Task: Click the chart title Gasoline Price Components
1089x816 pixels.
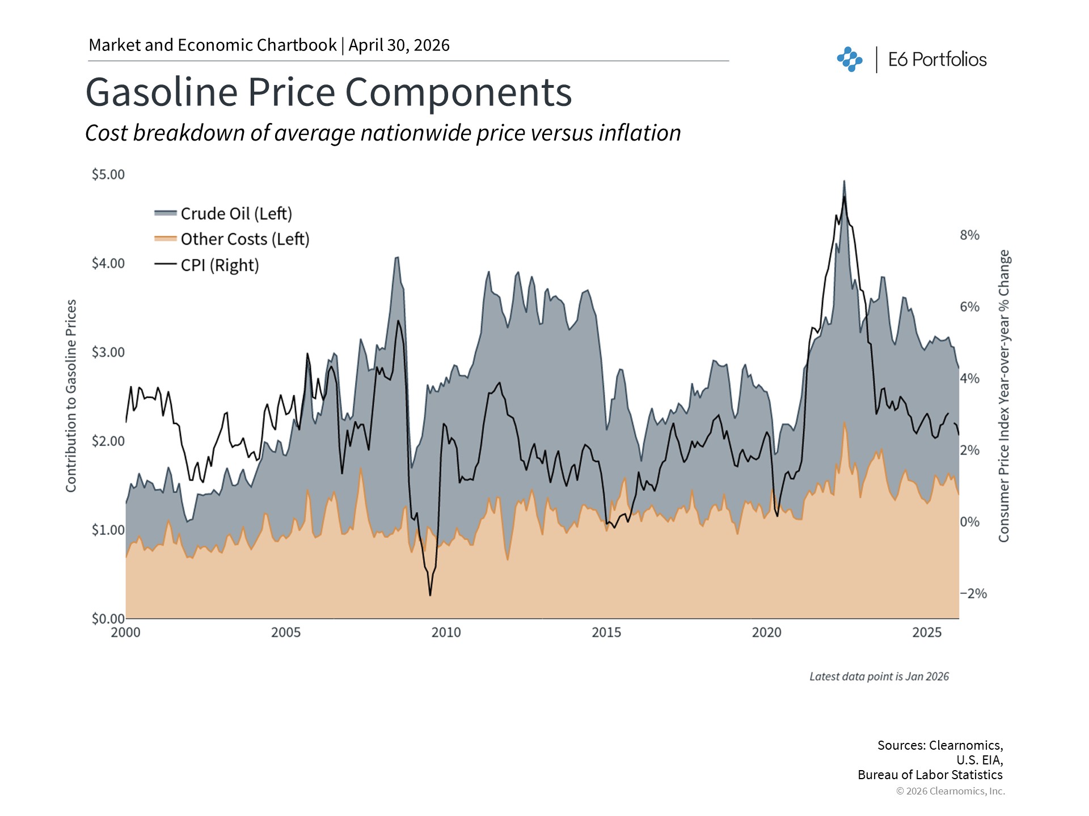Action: pos(328,92)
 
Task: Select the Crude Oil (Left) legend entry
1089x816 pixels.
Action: pos(236,214)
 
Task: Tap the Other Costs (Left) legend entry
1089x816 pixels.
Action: pos(244,239)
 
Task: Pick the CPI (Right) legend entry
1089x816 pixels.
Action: pos(220,265)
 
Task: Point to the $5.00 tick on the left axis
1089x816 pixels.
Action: pos(108,175)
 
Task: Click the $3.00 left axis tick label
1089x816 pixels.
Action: pos(108,352)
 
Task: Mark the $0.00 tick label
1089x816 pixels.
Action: pos(108,619)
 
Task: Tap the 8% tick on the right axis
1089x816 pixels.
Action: pos(969,235)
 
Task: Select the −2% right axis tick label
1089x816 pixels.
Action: pos(973,593)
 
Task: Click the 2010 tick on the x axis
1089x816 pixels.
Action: pos(446,632)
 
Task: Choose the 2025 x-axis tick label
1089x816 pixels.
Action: pos(927,632)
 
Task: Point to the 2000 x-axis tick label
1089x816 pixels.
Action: pos(125,632)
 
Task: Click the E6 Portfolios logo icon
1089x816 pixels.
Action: pos(849,59)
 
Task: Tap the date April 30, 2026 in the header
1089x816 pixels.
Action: pos(399,45)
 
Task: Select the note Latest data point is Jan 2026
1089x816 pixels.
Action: pos(879,677)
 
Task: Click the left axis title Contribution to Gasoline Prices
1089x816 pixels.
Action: pos(71,396)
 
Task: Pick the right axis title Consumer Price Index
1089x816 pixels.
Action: pos(1004,396)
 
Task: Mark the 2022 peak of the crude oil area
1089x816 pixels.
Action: pos(844,181)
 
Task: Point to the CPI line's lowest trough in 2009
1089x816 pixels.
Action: pos(430,595)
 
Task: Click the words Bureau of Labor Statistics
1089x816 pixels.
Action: pos(930,775)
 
